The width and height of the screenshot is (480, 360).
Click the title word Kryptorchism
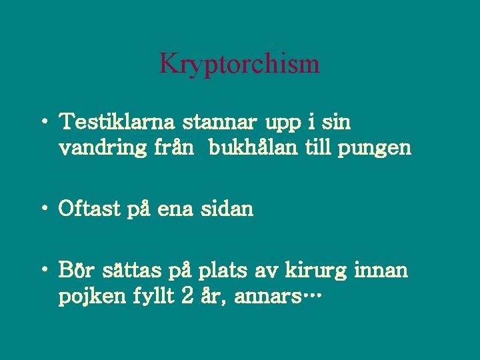[239, 64]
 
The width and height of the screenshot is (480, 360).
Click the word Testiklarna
[117, 123]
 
